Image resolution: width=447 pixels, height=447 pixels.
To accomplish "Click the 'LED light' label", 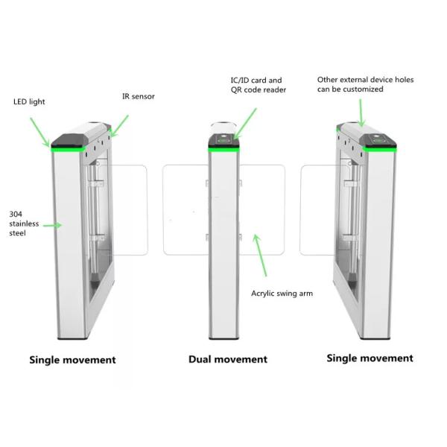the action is [x=28, y=101].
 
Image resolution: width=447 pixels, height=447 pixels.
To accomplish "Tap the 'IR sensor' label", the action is [x=138, y=97].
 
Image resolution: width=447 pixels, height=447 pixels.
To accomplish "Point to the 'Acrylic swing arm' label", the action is [x=282, y=294].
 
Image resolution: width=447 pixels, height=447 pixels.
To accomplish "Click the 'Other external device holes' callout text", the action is [x=365, y=83].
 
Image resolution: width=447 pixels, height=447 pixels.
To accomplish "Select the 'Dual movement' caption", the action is [x=227, y=359].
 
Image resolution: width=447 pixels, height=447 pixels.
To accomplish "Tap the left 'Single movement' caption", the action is [x=72, y=360].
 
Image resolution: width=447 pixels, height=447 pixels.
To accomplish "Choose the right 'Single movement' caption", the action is [x=370, y=358].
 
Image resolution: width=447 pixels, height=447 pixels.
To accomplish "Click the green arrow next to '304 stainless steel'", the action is [x=51, y=223].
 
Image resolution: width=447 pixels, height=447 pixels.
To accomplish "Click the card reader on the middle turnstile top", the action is [x=224, y=139].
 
